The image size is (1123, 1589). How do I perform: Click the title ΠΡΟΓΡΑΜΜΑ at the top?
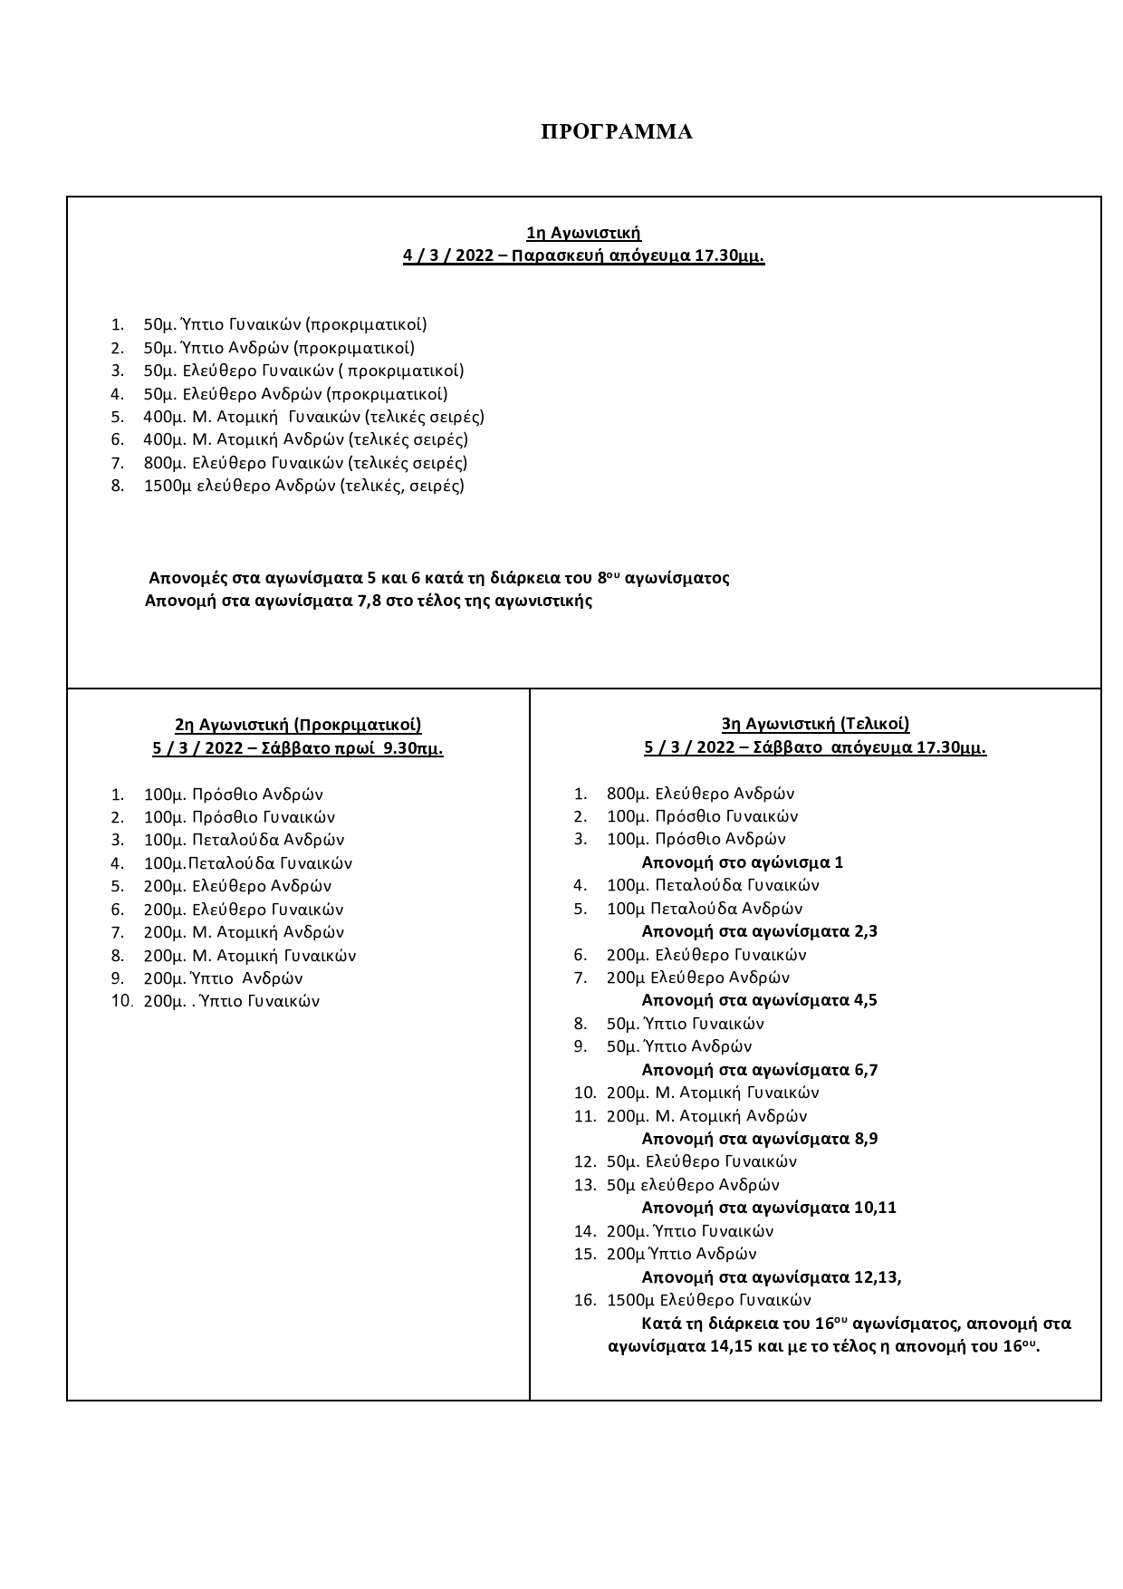616,132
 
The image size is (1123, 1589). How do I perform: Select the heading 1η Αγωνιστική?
583,234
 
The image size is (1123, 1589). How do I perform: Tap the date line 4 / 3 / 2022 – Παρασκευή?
583,256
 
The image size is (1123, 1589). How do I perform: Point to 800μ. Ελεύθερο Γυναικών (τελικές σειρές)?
305,463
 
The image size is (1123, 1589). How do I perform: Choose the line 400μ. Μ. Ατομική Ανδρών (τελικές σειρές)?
305,439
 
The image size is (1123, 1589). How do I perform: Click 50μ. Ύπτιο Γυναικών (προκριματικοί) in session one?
284,324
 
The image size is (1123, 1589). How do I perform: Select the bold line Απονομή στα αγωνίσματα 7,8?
368,601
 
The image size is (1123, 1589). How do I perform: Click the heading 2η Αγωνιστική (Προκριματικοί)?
298,725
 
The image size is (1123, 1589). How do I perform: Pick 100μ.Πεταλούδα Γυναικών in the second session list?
248,863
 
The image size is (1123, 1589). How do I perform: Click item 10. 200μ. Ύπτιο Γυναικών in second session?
232,1001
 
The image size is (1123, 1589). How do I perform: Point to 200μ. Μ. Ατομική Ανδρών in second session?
244,932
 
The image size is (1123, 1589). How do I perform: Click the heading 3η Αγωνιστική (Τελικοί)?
815,724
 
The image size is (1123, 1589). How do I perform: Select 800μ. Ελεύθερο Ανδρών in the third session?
700,794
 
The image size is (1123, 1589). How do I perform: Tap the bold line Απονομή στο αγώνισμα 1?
742,862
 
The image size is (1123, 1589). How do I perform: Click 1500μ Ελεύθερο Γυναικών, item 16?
708,1300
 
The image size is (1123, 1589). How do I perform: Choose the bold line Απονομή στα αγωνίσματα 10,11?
769,1208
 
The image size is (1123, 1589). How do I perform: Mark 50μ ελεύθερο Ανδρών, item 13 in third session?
693,1185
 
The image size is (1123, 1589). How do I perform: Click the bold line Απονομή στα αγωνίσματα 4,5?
759,1000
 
